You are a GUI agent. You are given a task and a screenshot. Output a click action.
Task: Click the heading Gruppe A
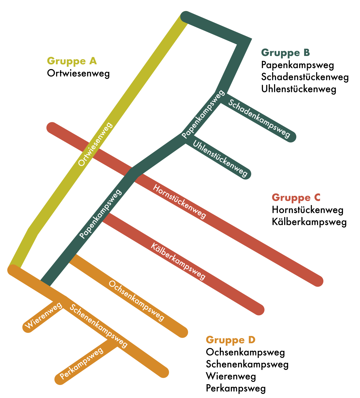[x=72, y=61]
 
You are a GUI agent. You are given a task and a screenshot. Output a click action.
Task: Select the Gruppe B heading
[x=285, y=53]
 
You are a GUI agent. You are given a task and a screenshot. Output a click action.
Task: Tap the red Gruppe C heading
[x=296, y=198]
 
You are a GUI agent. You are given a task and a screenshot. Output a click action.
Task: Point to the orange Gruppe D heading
[x=231, y=340]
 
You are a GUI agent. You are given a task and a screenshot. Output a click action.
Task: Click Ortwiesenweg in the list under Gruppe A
[x=78, y=73]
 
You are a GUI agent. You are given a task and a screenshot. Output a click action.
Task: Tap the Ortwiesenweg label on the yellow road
[x=95, y=144]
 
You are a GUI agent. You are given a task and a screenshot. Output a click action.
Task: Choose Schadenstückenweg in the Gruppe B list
[x=305, y=77]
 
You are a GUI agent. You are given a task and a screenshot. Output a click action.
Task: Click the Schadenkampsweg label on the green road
[x=259, y=118]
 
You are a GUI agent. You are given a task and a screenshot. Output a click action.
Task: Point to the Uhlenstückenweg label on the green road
[x=220, y=158]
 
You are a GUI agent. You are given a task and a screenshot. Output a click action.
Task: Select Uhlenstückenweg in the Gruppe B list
[x=299, y=89]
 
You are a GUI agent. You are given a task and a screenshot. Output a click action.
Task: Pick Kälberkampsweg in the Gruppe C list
[x=309, y=222]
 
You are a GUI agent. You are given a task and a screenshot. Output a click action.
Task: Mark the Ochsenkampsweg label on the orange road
[x=136, y=301]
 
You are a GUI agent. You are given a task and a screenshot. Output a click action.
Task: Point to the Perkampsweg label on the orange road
[x=81, y=363]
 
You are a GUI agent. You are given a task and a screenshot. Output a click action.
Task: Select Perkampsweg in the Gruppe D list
[x=236, y=388]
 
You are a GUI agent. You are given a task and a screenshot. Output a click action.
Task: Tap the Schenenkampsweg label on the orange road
[x=98, y=326]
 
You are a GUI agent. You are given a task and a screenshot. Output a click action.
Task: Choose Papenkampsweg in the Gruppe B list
[x=297, y=65]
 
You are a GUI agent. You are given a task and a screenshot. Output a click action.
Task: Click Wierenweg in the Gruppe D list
[x=231, y=376]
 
